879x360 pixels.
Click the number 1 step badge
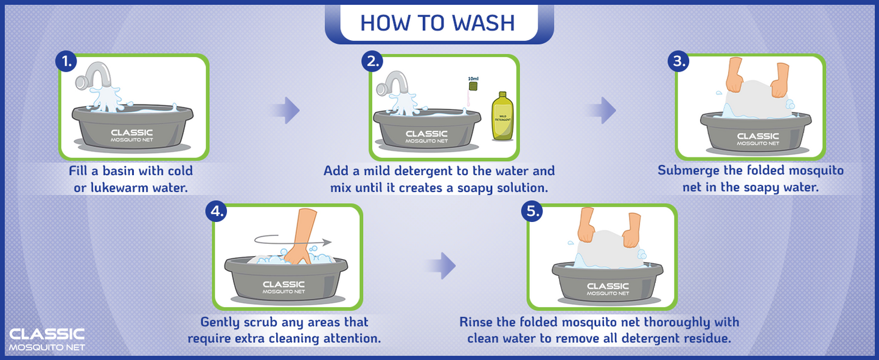click(x=66, y=61)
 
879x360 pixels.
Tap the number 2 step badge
click(x=372, y=61)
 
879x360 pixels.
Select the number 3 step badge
click(x=678, y=61)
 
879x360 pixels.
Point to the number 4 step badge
click(x=216, y=211)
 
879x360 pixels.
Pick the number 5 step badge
click(x=532, y=211)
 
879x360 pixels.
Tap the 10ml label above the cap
click(x=473, y=78)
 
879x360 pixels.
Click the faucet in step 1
click(x=94, y=75)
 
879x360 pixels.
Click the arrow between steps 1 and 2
click(x=286, y=110)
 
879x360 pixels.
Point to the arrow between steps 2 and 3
click(x=602, y=110)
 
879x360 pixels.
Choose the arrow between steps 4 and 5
click(x=441, y=266)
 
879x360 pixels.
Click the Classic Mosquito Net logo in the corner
click(x=47, y=339)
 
